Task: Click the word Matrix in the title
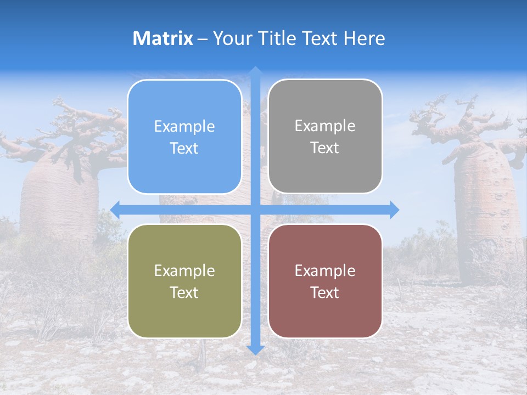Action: pos(163,38)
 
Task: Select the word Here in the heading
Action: pos(364,38)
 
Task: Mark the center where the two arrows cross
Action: pos(255,210)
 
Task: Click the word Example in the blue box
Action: pos(184,127)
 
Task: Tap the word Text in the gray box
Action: pos(325,148)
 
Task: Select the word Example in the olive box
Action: pos(184,271)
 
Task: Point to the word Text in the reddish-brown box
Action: pos(325,293)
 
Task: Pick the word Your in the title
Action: pos(231,38)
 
